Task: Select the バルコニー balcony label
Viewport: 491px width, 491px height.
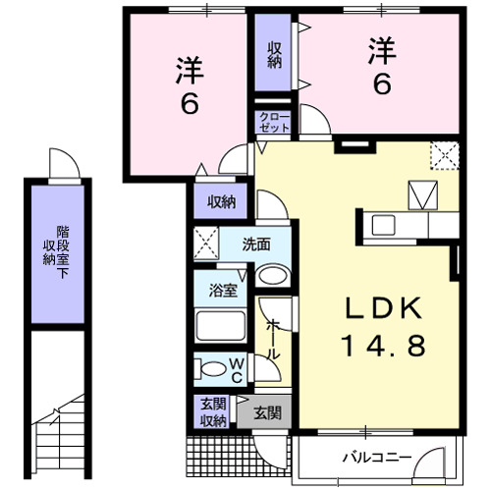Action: [376, 457]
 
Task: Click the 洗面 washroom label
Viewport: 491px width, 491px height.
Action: [257, 244]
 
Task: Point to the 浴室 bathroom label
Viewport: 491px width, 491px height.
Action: [223, 290]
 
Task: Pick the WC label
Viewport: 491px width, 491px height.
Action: [239, 369]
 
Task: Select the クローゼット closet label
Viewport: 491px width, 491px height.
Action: [274, 122]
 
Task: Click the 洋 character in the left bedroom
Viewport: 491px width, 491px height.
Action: [190, 70]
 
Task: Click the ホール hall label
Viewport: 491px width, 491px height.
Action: [274, 339]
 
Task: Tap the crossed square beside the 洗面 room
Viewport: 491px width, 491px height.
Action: [207, 242]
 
